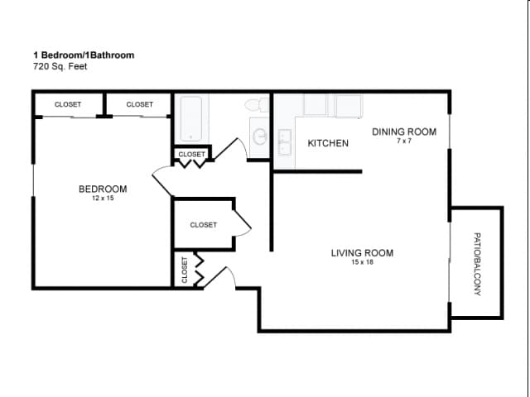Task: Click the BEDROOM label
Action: (103, 189)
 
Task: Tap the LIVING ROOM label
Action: (362, 253)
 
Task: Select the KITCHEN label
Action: (328, 143)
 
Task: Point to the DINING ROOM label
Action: (403, 132)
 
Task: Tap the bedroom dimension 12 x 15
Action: (103, 198)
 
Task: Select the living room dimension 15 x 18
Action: (362, 262)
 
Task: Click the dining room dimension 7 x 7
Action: (403, 141)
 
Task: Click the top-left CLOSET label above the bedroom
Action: (68, 104)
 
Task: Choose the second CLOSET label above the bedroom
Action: (139, 104)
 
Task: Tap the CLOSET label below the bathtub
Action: (191, 154)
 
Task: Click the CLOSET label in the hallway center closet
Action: (203, 224)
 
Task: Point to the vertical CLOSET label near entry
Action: (184, 270)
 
